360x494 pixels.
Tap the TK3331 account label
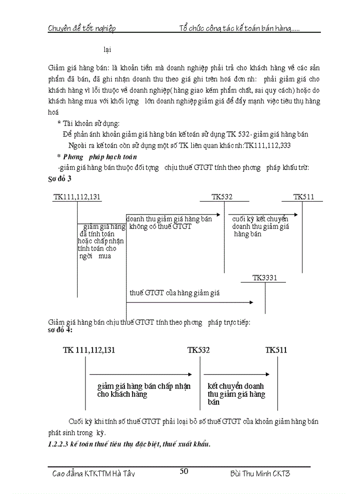point(265,278)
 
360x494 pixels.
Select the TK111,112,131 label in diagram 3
point(77,197)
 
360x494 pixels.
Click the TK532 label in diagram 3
point(222,197)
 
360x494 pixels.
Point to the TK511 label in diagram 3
point(304,197)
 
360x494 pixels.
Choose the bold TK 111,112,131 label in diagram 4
point(89,350)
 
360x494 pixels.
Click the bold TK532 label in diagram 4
point(199,350)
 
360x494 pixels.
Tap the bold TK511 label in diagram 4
point(276,350)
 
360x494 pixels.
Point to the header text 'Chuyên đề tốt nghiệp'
point(81,28)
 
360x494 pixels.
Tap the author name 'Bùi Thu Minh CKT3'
point(260,473)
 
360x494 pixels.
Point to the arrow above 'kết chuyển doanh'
point(237,374)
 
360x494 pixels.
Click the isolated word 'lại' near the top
point(107,49)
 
